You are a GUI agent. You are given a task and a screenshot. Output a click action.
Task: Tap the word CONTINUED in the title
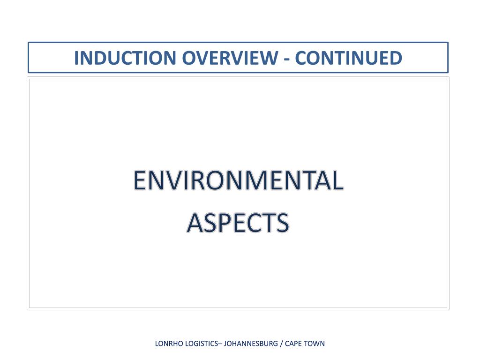point(349,58)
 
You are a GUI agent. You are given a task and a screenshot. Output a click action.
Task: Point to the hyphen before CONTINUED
point(287,59)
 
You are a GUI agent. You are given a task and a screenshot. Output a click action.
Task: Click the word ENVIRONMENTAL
point(238,181)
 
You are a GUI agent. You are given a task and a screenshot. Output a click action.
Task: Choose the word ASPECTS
point(238,223)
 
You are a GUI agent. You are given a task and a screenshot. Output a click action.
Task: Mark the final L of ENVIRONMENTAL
point(337,181)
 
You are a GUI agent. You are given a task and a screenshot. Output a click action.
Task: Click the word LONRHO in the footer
point(168,344)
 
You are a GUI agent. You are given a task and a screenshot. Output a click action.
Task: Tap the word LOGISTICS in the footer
point(201,344)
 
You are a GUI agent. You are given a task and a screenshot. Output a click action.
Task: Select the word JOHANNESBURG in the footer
point(251,344)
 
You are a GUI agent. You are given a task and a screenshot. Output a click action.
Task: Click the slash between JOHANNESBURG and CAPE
point(282,344)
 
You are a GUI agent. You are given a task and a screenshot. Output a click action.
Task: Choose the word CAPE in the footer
point(293,344)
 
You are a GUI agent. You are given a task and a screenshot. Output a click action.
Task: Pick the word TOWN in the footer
point(314,344)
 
